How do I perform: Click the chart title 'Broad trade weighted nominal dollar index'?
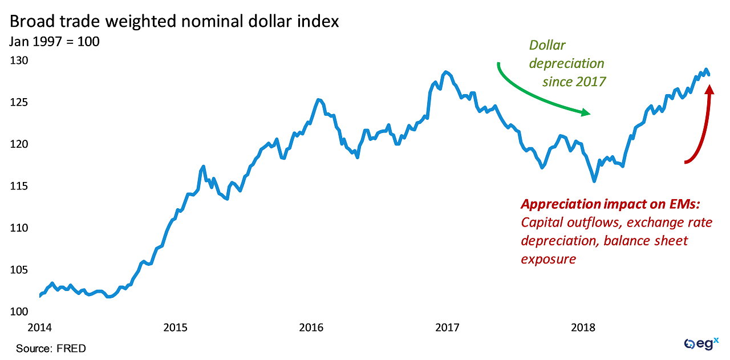174,22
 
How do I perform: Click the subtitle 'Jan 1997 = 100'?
54,42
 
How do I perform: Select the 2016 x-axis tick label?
311,328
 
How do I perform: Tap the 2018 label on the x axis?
583,328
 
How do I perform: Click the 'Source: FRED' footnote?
51,348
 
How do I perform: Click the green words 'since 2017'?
574,82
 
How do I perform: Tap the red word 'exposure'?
548,259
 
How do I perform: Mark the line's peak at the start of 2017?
445,72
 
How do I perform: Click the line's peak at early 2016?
318,100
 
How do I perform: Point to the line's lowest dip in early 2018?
594,181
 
